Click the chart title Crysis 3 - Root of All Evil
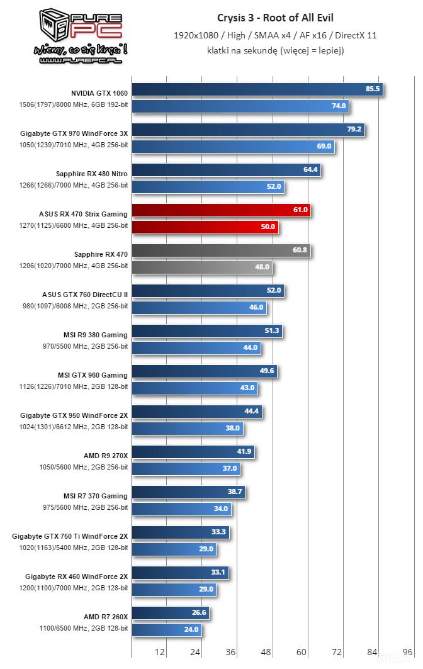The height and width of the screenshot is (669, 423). (275, 18)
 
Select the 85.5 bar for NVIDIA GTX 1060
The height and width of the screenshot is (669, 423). (257, 89)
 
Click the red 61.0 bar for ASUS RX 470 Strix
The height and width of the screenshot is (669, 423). (220, 210)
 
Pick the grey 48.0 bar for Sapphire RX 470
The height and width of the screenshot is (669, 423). (201, 267)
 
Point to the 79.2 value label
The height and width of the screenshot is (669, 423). (354, 130)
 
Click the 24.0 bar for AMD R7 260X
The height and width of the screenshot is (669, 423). (166, 629)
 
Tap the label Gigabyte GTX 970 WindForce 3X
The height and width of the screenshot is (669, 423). (74, 133)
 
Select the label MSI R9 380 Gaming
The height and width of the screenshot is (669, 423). (96, 335)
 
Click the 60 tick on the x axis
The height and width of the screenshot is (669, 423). (302, 652)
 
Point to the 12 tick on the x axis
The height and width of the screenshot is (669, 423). (160, 652)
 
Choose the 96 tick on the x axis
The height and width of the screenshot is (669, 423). (407, 652)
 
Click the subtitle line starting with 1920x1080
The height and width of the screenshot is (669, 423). (275, 36)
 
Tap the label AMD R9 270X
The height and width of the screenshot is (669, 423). (106, 456)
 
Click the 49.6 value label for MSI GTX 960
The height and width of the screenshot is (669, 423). (266, 371)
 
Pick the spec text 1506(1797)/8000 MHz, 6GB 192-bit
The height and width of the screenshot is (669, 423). (74, 104)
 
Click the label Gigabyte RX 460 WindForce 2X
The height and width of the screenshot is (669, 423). (76, 576)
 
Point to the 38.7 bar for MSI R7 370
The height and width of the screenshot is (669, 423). (188, 492)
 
